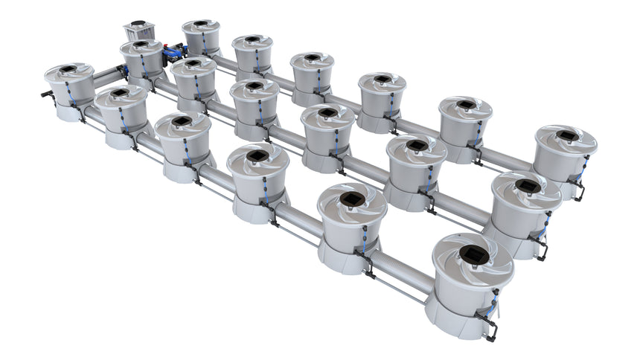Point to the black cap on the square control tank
point(138,24)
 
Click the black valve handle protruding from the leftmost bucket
point(46,94)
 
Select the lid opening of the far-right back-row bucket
point(567,135)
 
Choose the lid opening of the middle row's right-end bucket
point(528,185)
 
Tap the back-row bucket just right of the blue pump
point(201,37)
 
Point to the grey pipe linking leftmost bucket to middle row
point(107,73)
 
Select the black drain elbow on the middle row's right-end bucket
point(541,245)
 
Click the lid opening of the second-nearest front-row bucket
point(351,199)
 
